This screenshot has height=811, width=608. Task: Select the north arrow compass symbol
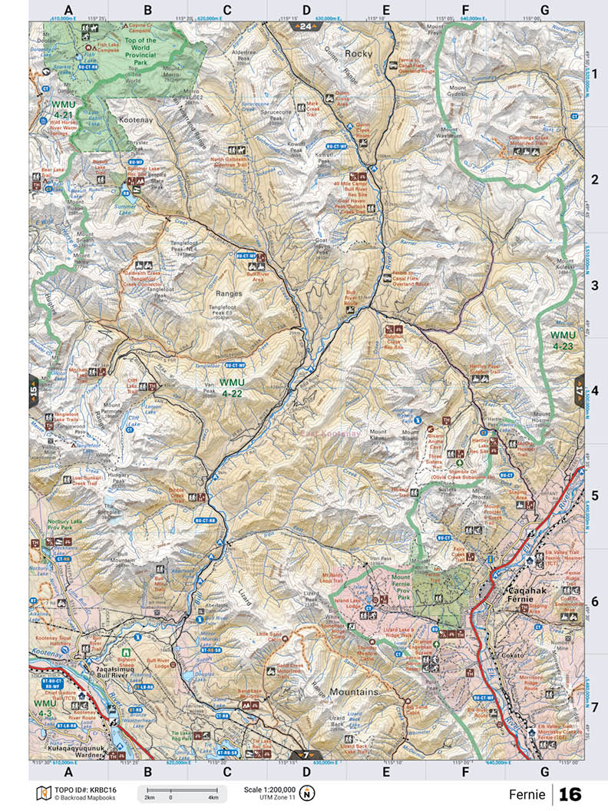tap(307, 793)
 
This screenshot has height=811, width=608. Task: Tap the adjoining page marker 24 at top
tap(306, 27)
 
